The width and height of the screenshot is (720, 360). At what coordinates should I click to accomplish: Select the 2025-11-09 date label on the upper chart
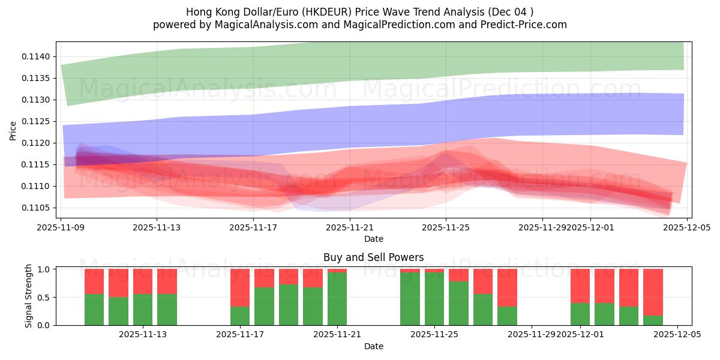[x=61, y=227]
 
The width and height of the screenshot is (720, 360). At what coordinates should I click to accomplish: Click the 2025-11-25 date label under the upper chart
[x=445, y=227]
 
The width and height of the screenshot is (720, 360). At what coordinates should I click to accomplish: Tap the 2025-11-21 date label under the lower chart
[x=337, y=334]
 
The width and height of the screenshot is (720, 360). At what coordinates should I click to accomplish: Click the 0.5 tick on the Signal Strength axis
[x=44, y=297]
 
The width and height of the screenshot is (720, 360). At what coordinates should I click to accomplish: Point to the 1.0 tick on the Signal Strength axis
[x=44, y=269]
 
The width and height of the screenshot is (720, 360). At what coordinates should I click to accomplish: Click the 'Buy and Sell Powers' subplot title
[x=373, y=257]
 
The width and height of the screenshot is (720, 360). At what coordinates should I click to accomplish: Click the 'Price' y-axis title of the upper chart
[x=13, y=130]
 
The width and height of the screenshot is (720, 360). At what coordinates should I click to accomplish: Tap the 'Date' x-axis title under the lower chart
[x=373, y=346]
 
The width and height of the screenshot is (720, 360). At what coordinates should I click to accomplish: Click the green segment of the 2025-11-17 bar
[x=240, y=316]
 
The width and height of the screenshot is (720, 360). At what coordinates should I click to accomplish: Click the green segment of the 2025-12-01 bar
[x=580, y=314]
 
